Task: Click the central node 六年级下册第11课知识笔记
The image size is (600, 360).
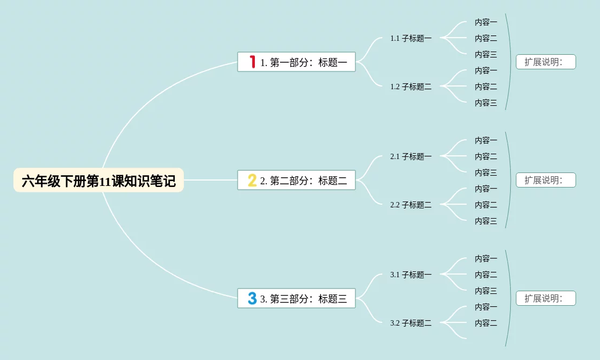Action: coord(98,181)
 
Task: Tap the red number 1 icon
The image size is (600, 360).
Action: coord(252,62)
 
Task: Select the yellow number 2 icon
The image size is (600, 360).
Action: coord(252,180)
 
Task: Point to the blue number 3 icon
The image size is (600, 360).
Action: coord(252,298)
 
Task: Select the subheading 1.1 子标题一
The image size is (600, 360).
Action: coord(411,38)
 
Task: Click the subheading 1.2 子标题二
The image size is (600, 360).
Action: coord(411,87)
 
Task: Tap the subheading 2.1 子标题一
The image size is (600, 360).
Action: coord(411,156)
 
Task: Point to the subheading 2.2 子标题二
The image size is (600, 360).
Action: coord(411,205)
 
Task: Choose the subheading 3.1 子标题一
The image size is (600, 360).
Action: coord(411,275)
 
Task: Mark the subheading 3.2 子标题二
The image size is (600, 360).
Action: coord(411,323)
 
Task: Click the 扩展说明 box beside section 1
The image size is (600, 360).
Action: coord(546,62)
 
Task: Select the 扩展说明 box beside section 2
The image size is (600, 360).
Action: coord(546,180)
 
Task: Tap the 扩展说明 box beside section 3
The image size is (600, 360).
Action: coord(546,298)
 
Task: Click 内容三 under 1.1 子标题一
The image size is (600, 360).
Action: coord(485,54)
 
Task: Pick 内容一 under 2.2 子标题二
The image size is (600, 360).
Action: coord(485,189)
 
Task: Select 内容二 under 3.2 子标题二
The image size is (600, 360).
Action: coord(485,323)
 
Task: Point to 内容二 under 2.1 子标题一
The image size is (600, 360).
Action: coord(485,156)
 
